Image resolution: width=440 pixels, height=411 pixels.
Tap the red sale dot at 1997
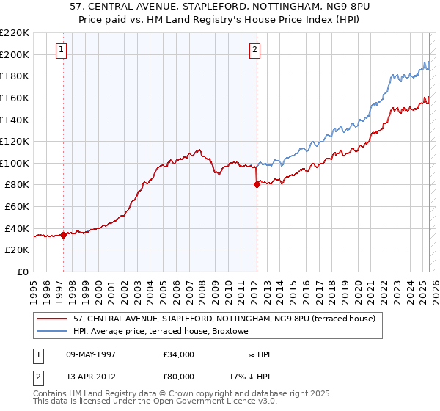[64, 236]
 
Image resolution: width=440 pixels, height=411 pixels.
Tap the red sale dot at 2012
[257, 185]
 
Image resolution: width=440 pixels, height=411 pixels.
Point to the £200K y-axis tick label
[15, 54]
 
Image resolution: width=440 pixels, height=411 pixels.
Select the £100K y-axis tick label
[15, 163]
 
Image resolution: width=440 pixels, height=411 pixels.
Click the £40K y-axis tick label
[17, 228]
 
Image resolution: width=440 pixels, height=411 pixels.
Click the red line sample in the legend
[51, 319]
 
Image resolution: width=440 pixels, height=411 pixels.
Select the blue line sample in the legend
[51, 332]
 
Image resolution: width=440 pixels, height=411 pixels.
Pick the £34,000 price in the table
[179, 354]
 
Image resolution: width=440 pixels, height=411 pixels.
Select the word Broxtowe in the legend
[230, 332]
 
